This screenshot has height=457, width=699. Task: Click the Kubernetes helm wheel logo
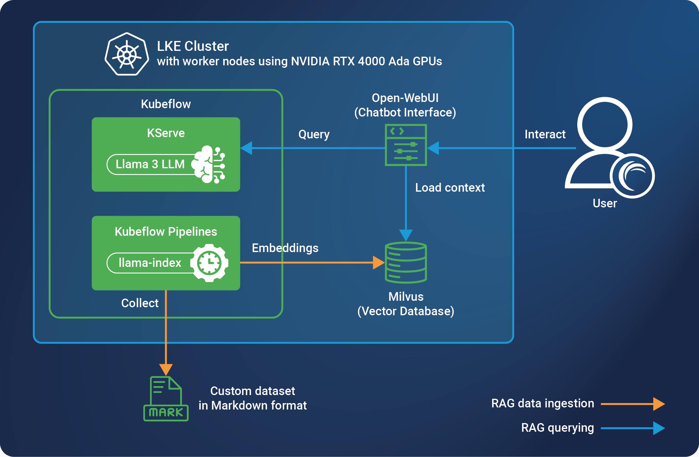tap(127, 54)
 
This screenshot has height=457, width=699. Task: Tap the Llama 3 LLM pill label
tap(150, 164)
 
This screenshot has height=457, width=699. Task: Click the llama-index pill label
tap(150, 263)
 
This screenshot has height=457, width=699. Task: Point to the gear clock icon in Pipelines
tap(209, 263)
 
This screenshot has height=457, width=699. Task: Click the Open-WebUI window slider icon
tap(406, 145)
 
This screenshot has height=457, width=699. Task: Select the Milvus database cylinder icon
tap(406, 263)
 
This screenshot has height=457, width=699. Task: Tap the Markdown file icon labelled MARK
tap(166, 399)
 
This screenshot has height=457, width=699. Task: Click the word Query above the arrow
tap(314, 134)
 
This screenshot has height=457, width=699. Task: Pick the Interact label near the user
tap(545, 134)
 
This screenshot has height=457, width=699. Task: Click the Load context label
tap(450, 188)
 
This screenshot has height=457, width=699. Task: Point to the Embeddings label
tap(285, 248)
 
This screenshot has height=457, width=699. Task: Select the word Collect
tap(140, 303)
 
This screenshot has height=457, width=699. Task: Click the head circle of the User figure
tap(605, 125)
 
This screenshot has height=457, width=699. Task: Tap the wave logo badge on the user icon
tap(632, 176)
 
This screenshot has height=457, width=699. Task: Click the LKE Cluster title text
tap(193, 46)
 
